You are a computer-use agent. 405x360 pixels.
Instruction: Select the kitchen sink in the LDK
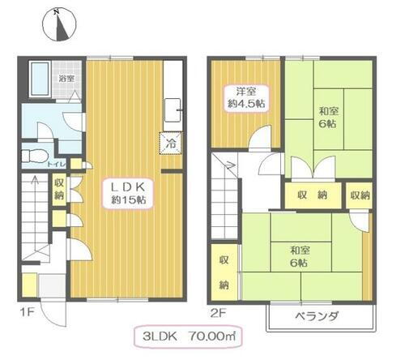pyautogui.click(x=173, y=107)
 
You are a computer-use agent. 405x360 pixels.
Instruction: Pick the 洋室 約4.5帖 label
pyautogui.click(x=240, y=97)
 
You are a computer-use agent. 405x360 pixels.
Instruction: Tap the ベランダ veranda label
pyautogui.click(x=315, y=315)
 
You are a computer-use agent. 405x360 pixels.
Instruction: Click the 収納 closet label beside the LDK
pyautogui.click(x=59, y=190)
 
